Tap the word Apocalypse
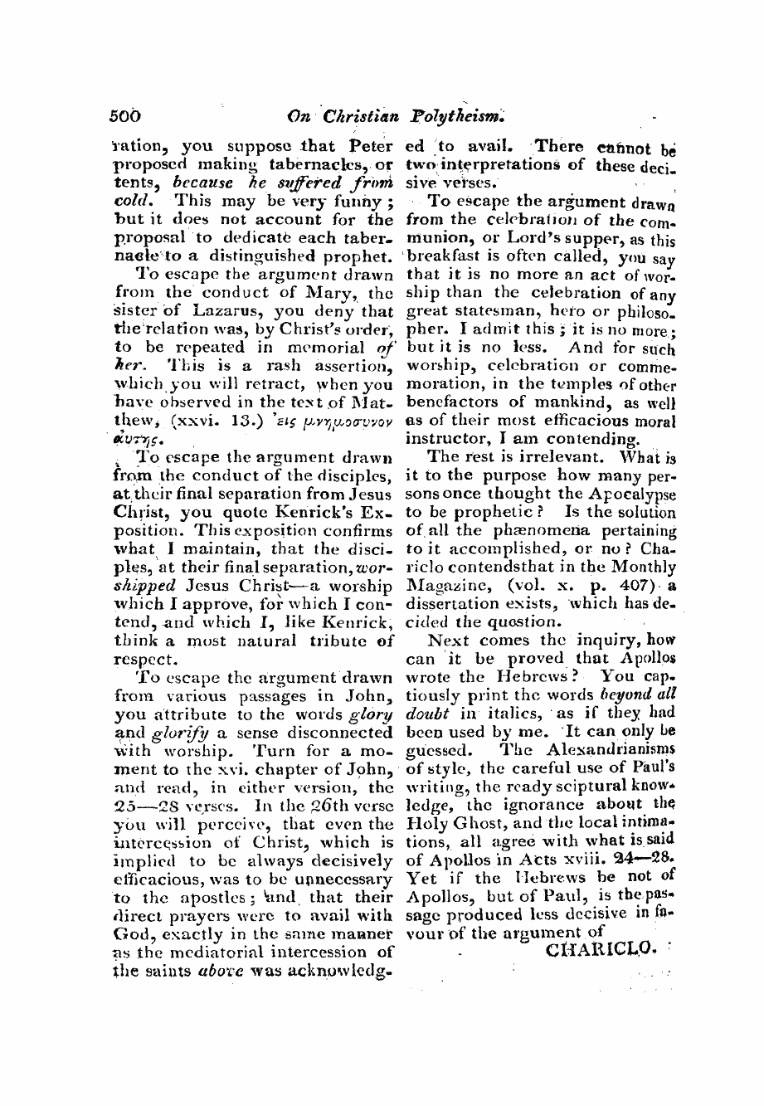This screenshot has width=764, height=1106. (x=630, y=493)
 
